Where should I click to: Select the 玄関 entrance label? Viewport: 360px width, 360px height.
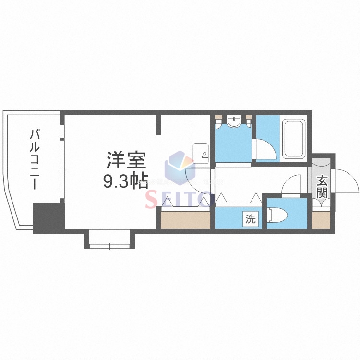(x=322, y=187)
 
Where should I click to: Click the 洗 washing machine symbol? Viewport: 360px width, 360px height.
(x=251, y=219)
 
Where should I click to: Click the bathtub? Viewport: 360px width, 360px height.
(x=293, y=139)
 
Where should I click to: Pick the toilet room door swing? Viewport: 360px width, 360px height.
(x=290, y=185)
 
